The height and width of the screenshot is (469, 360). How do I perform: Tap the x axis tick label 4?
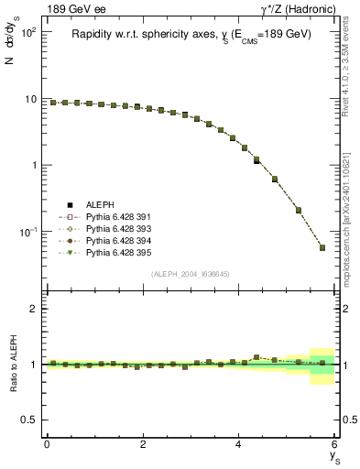[x=239, y=444]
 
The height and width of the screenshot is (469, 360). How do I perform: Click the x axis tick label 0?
[x=47, y=444]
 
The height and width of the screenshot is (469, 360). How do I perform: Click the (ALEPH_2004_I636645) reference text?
[x=190, y=274]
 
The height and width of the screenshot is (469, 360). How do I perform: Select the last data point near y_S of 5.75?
[x=322, y=247]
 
